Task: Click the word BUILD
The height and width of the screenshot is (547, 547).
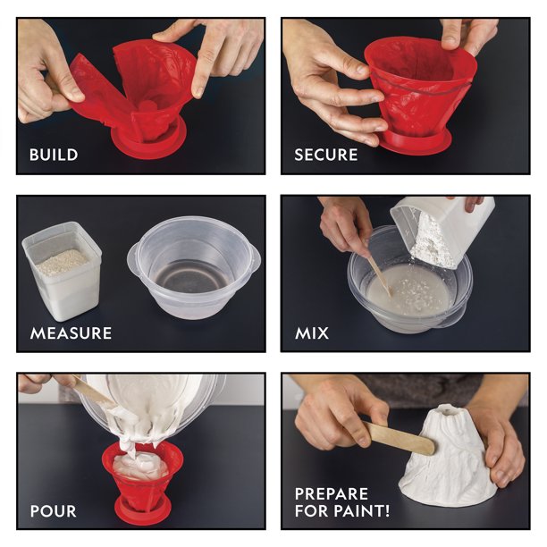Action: pos(54,155)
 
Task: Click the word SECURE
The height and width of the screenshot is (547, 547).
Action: pos(326,155)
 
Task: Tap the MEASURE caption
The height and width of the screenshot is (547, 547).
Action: pos(71,333)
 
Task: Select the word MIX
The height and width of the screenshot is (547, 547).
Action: pos(312,333)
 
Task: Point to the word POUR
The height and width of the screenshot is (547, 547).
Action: pos(53,512)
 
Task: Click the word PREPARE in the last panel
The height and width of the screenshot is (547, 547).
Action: pos(332,493)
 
